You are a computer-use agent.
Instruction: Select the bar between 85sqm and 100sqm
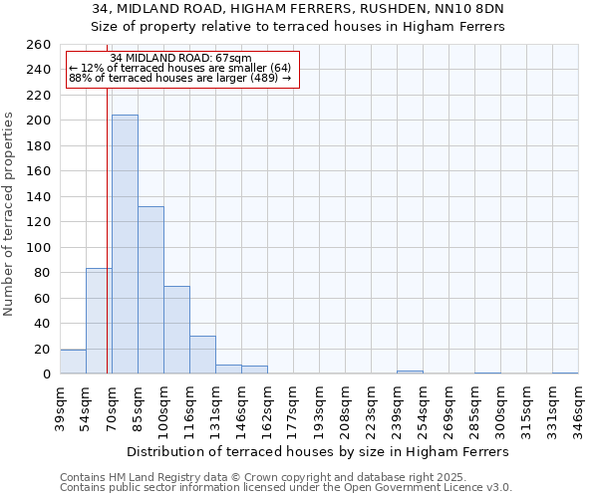[x=150, y=290]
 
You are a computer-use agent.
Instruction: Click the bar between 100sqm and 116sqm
[x=176, y=330]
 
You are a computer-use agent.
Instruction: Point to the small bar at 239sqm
[x=410, y=373]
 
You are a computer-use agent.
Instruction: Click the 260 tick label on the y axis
[x=39, y=45]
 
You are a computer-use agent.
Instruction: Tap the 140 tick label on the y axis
[x=39, y=197]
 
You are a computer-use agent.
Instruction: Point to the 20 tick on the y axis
[x=43, y=350]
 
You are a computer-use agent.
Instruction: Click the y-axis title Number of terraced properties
[x=10, y=214]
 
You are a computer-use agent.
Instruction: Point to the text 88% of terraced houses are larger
[x=179, y=78]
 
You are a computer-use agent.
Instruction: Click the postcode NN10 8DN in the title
[x=476, y=9]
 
